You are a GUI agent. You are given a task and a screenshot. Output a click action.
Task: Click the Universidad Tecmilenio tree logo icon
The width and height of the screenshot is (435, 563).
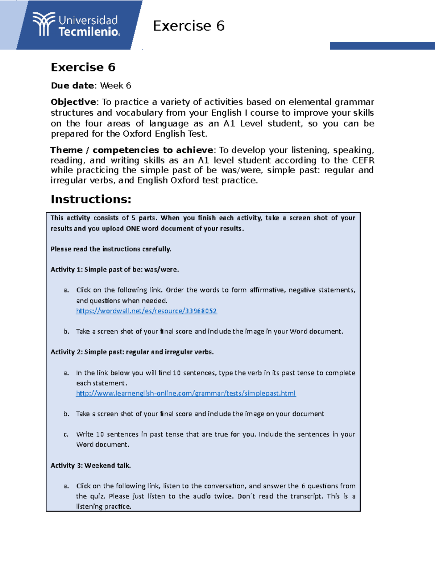point(43,24)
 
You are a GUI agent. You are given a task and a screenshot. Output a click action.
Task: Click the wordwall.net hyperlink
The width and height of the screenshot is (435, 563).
point(146,311)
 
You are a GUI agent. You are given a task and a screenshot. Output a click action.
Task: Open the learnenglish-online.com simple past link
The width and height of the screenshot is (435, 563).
point(186,393)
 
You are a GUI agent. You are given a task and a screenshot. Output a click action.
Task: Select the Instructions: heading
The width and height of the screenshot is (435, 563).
point(91,199)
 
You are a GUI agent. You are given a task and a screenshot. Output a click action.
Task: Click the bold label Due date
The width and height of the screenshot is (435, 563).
point(72,86)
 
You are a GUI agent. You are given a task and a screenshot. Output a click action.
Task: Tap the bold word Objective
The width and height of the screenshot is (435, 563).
point(73,102)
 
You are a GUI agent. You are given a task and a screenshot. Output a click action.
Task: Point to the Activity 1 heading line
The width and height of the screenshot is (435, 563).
point(115,270)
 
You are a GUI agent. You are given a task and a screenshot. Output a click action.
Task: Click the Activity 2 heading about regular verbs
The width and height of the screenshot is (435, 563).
point(132,352)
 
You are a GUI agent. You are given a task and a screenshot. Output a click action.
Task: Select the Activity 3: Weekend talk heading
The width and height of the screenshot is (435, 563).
point(91,465)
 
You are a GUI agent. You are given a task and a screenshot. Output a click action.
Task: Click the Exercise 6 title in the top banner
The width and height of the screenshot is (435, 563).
point(188,26)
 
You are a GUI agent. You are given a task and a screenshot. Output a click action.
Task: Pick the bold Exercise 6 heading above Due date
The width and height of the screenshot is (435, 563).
point(83,67)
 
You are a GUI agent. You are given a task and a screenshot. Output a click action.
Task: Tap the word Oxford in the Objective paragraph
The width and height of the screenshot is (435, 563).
point(137,134)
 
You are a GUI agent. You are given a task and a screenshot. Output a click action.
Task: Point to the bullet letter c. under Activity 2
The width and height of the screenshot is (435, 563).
point(66,434)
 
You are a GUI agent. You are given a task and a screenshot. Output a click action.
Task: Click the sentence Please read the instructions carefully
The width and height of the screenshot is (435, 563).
point(111,249)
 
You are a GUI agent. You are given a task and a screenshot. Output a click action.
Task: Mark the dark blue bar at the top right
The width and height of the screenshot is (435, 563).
point(382,46)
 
